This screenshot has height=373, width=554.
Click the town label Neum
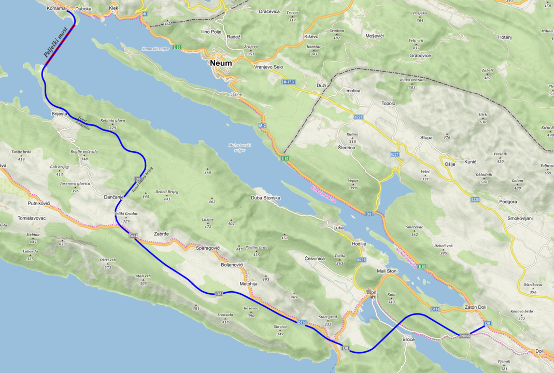[221, 63]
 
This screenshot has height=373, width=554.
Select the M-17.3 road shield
[289, 82]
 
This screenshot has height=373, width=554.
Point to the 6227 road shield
[395, 154]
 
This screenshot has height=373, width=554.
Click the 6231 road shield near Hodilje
[361, 260]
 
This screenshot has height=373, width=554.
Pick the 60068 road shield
[464, 336]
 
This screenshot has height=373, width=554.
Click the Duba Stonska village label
[265, 198]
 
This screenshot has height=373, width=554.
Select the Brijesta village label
[60, 113]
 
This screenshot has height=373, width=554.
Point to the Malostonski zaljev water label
[240, 148]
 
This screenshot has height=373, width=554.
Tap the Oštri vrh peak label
[108, 260]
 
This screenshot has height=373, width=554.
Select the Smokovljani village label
[520, 219]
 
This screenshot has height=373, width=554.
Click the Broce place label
[408, 339]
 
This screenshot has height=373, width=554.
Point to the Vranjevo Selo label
[268, 67]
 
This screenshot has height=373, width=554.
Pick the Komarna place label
[56, 9]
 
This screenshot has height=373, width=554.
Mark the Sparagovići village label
[208, 248]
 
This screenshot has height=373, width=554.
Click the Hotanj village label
[505, 37]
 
